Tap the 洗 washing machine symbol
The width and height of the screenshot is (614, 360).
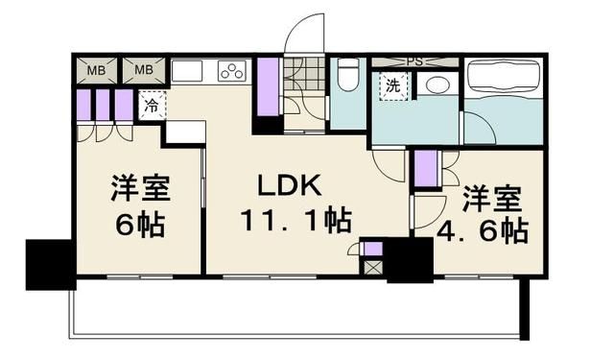pos(393,85)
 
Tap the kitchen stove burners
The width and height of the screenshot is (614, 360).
pos(232,71)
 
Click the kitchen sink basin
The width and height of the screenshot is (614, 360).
pos(187,71)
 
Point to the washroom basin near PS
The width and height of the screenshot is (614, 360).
pos(437,84)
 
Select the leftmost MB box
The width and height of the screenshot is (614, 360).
pos(97,70)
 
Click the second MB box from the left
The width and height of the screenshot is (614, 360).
pos(143,70)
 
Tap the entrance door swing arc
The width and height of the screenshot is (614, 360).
pos(304,34)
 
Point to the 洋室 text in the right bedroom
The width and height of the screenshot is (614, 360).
pos(492,201)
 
